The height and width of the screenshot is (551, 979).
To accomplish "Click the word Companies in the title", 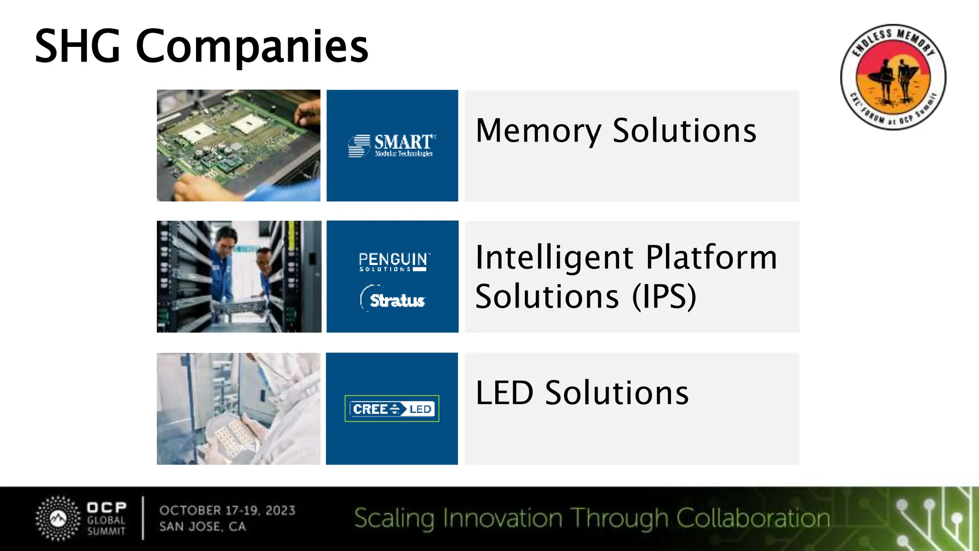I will coord(252,47).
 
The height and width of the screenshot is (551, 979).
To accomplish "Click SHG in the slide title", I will coord(77,47).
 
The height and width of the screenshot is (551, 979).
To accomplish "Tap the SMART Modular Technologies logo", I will coord(392,145).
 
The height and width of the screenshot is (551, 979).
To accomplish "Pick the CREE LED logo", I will coord(392,409).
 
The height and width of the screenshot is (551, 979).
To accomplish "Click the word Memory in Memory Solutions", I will coord(538,131).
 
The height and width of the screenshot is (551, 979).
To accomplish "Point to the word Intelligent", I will coord(555,258).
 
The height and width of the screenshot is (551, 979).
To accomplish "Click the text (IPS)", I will coord(664,297).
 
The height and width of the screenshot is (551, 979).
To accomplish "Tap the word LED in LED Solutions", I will coord(504,393).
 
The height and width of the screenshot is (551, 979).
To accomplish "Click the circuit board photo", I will coord(239,145).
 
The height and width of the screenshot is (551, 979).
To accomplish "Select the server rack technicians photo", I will coord(239,276).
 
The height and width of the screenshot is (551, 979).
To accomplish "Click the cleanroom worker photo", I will coord(239,409).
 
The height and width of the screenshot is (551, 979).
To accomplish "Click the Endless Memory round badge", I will coord(893,77).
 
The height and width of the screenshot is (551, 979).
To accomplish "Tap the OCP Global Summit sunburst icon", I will coord(58,518).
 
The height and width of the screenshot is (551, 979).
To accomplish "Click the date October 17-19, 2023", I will coord(228,510).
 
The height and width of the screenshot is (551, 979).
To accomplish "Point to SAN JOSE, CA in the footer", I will coord(203,527).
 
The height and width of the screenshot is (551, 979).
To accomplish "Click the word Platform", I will coord(711,258).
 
